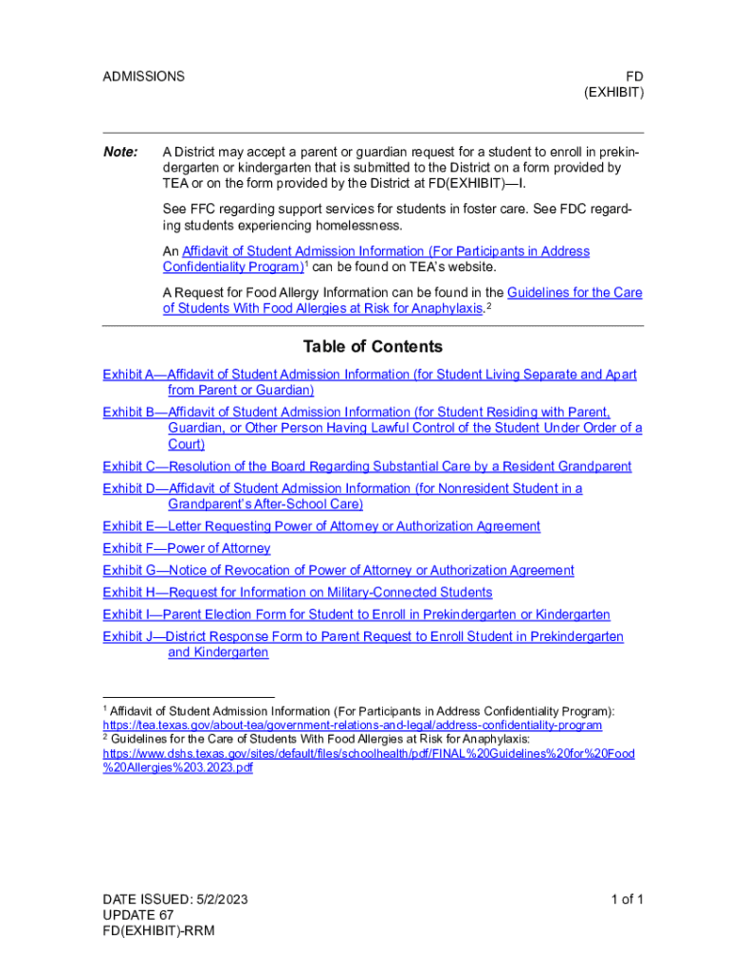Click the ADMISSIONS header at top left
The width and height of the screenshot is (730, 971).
(x=143, y=76)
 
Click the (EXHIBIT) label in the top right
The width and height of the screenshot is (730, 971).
(x=613, y=92)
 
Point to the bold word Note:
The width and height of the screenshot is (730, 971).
(x=120, y=153)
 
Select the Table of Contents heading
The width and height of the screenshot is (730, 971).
(x=373, y=347)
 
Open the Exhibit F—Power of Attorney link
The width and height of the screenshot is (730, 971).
(x=187, y=548)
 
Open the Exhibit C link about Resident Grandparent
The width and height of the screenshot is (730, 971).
(x=367, y=467)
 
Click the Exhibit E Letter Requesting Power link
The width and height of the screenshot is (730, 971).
(x=321, y=526)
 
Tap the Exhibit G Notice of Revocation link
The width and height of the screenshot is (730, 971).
(x=338, y=570)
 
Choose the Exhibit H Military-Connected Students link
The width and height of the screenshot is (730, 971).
(x=298, y=593)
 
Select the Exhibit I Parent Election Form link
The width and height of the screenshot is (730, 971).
(x=356, y=614)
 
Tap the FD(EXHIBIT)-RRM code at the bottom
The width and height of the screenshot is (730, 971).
(x=159, y=930)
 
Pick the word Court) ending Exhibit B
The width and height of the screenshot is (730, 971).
(x=187, y=444)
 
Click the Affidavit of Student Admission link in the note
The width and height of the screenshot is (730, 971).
(x=386, y=251)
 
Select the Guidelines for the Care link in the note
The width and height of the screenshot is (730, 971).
(x=575, y=293)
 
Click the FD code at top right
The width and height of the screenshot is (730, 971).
(x=634, y=76)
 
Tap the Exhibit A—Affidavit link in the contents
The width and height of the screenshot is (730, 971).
(x=370, y=376)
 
